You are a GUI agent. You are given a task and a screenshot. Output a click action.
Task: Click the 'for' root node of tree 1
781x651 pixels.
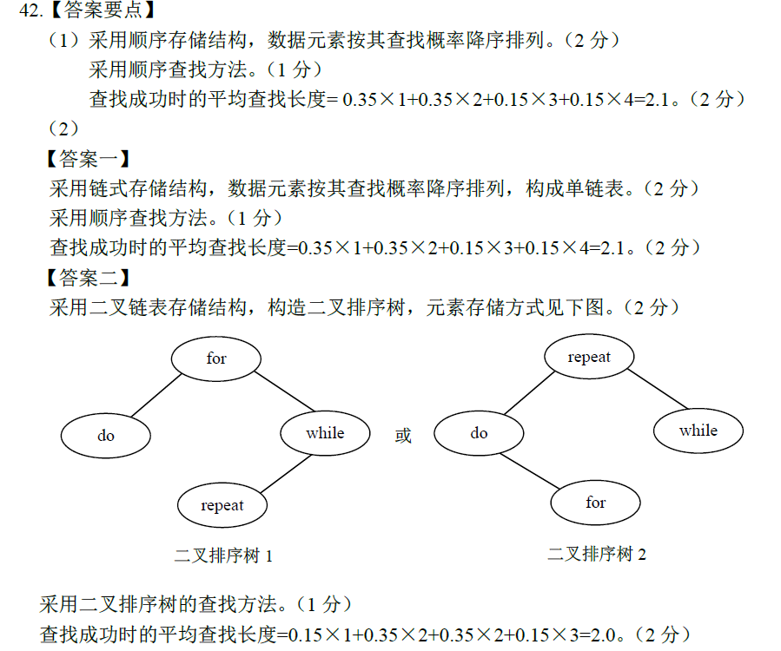click(x=216, y=358)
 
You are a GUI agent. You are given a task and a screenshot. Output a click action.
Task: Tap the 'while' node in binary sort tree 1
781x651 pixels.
click(x=325, y=433)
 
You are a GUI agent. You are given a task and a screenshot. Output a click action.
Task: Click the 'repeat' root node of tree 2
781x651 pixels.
click(x=589, y=357)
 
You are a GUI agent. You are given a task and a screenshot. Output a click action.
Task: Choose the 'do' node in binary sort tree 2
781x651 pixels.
click(x=479, y=433)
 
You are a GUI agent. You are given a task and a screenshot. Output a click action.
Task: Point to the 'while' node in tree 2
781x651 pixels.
click(x=698, y=431)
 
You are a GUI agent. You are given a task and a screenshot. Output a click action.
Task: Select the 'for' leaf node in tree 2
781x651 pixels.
click(x=595, y=503)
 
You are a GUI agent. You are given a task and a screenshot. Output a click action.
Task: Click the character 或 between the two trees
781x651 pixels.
click(x=403, y=436)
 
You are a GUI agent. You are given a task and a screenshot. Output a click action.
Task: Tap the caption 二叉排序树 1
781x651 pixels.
click(x=223, y=556)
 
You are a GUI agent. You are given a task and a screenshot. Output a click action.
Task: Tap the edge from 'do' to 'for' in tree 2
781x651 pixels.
click(x=533, y=471)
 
